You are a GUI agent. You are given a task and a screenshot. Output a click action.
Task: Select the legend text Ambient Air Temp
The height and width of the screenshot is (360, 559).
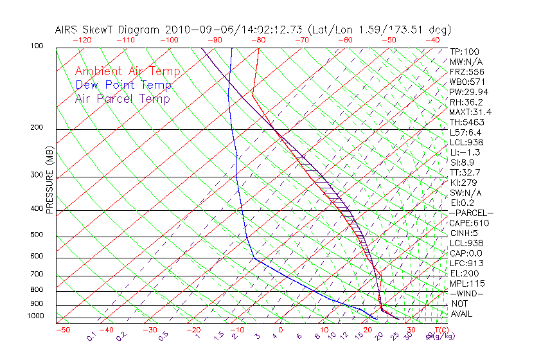click(x=127, y=71)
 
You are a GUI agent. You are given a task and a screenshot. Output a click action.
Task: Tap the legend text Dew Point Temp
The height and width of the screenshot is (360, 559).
click(x=123, y=85)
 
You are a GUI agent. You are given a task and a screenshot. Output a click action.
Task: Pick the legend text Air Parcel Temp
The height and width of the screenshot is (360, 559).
click(x=123, y=98)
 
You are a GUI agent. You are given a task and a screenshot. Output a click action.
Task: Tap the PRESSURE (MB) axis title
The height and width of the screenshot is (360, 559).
click(x=49, y=186)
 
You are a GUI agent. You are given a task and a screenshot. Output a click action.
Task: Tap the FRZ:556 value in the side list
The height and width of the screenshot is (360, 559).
click(x=466, y=72)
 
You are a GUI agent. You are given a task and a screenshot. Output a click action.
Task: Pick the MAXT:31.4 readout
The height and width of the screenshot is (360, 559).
click(x=468, y=112)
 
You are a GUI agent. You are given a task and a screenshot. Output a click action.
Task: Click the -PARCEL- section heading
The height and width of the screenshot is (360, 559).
click(x=471, y=213)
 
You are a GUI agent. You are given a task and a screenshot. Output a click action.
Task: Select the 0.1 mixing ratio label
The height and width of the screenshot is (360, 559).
click(x=92, y=335)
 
